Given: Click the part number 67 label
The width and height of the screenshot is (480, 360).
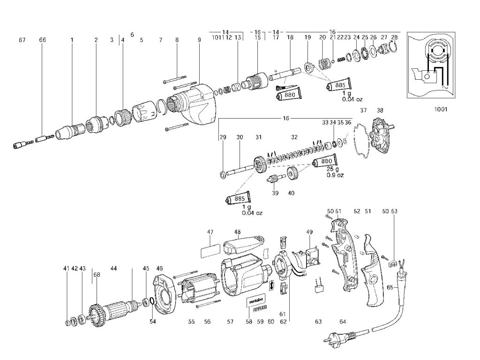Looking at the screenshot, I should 22,40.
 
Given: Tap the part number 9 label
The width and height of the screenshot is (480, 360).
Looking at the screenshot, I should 199,40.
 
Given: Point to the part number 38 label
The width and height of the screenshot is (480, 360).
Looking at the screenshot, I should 380,111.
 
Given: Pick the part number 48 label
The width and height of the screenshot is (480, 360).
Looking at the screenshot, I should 238,232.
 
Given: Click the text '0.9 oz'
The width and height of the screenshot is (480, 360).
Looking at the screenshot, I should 336,175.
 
